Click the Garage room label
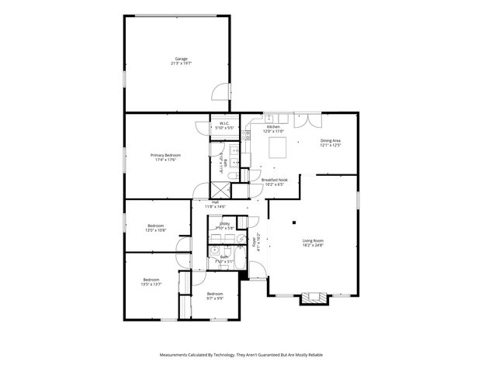pyautogui.click(x=182, y=61)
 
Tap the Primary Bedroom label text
pyautogui.click(x=165, y=157)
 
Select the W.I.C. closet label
pyautogui.click(x=224, y=126)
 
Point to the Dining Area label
pyautogui.click(x=331, y=143)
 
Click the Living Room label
pyautogui.click(x=313, y=243)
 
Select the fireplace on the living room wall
pyautogui.click(x=315, y=298)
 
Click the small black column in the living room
pyautogui.click(x=294, y=223)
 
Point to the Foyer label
pyautogui.click(x=256, y=241)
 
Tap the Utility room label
pyautogui.click(x=224, y=226)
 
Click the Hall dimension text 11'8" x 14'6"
pyautogui.click(x=215, y=207)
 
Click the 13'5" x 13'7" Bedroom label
pyautogui.click(x=151, y=282)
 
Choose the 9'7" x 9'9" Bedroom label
pyautogui.click(x=215, y=296)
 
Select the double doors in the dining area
pyautogui.click(x=310, y=121)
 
